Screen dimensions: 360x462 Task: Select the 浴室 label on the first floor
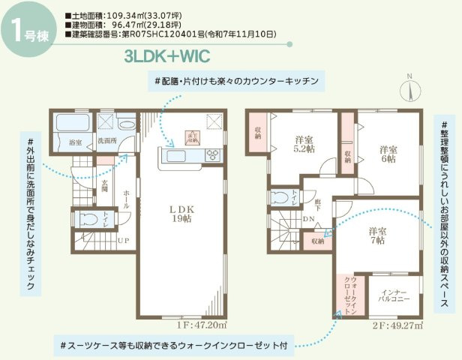75,142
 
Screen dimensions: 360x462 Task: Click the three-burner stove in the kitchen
212,155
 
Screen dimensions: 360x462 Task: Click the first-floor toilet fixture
85,219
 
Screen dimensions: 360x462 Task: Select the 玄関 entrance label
105,190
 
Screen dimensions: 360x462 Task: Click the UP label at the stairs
123,241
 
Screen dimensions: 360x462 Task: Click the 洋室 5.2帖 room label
304,144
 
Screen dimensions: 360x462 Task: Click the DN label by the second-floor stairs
309,219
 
